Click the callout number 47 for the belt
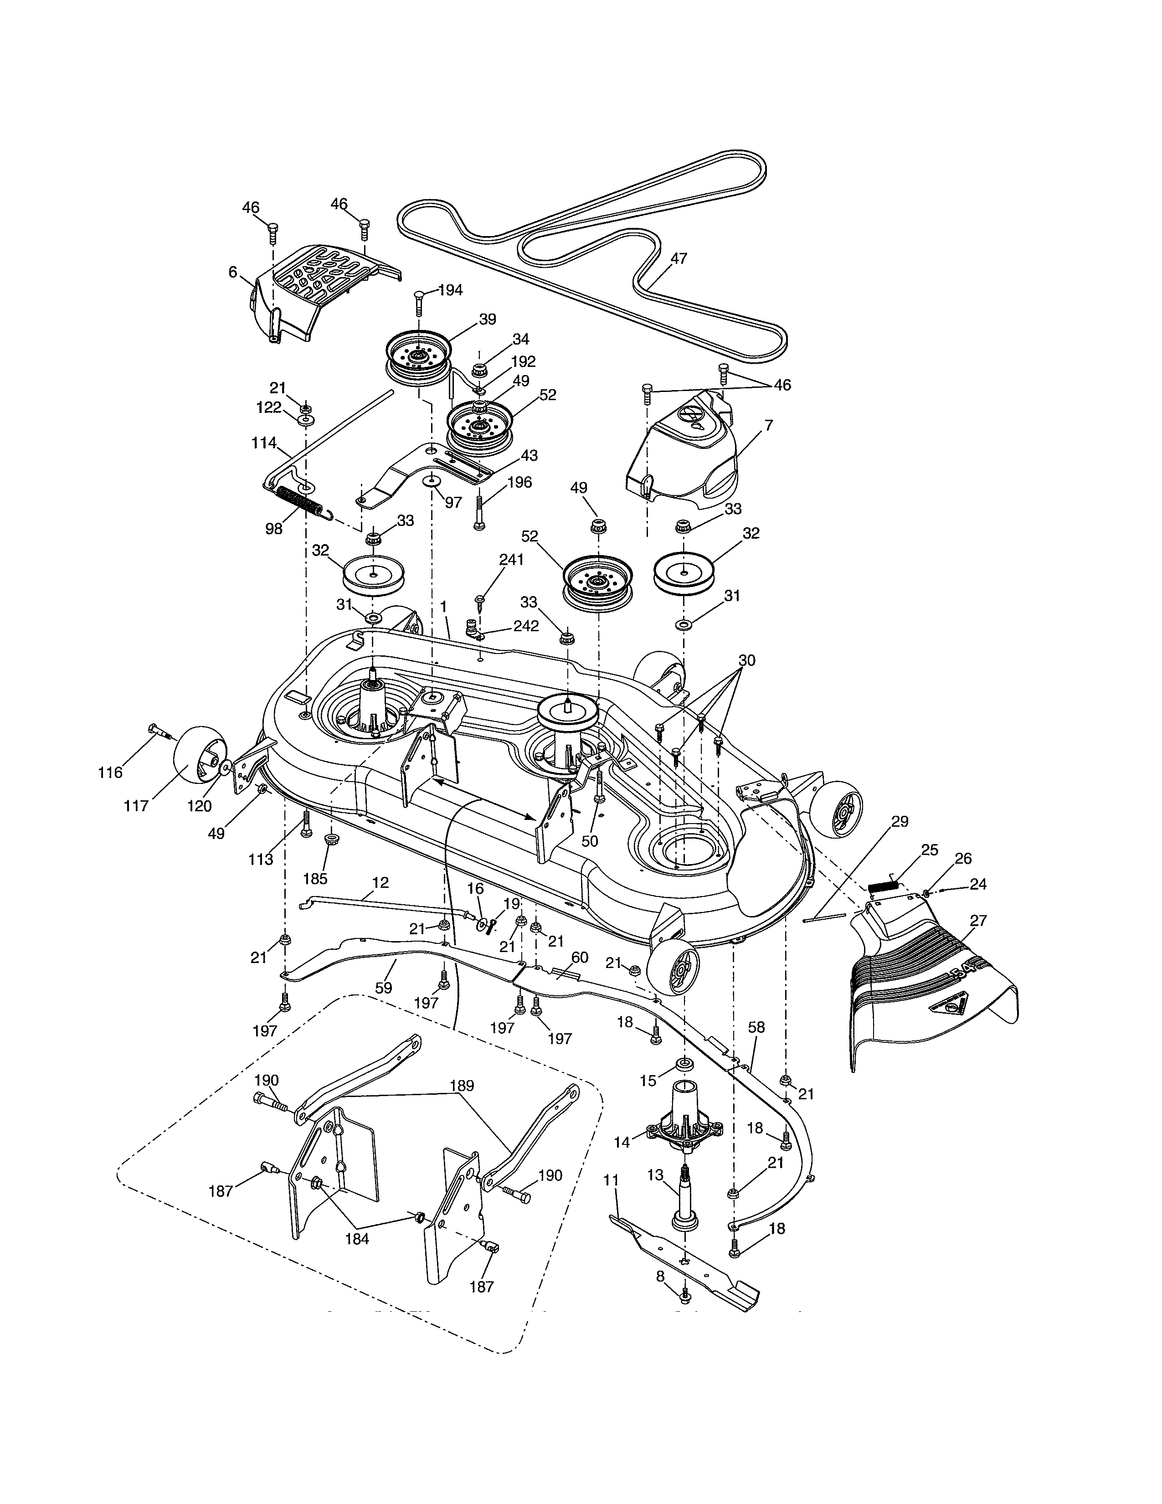pyautogui.click(x=679, y=259)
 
